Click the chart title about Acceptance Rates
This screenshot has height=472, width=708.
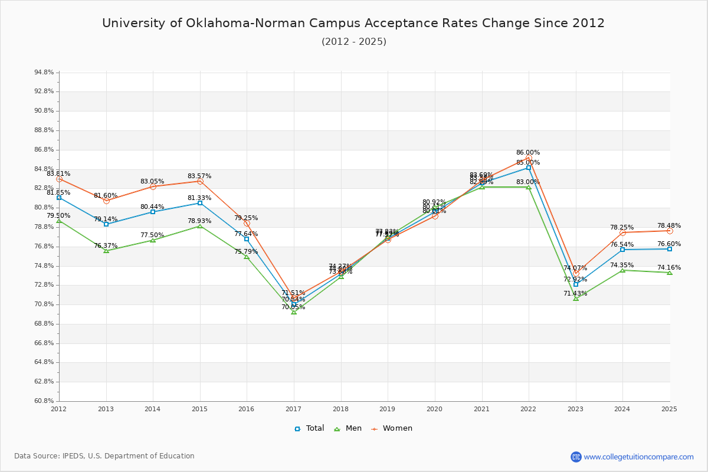click(x=353, y=23)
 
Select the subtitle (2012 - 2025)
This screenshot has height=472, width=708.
click(x=354, y=42)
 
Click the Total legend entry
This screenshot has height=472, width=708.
click(x=310, y=428)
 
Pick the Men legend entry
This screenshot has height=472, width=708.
click(x=348, y=428)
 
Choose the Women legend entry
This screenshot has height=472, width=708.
click(x=392, y=428)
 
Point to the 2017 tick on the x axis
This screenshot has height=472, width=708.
click(x=293, y=408)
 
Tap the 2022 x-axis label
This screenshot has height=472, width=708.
click(x=528, y=408)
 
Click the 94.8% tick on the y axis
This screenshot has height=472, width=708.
click(x=44, y=73)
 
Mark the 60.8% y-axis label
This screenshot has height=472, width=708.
click(x=44, y=401)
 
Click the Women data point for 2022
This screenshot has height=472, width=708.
click(x=529, y=158)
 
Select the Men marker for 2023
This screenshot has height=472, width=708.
click(x=576, y=299)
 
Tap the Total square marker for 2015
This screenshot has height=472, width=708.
click(x=200, y=203)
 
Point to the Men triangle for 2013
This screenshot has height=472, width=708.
click(x=106, y=251)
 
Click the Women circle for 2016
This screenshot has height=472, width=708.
click(x=247, y=223)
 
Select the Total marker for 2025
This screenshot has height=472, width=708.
click(x=670, y=249)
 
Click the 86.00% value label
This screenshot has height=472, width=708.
click(x=528, y=152)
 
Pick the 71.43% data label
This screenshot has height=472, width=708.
click(x=575, y=293)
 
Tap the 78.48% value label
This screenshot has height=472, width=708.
click(x=669, y=225)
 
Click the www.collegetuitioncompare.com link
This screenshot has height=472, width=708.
click(x=638, y=457)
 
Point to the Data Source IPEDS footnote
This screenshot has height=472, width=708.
click(x=104, y=456)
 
